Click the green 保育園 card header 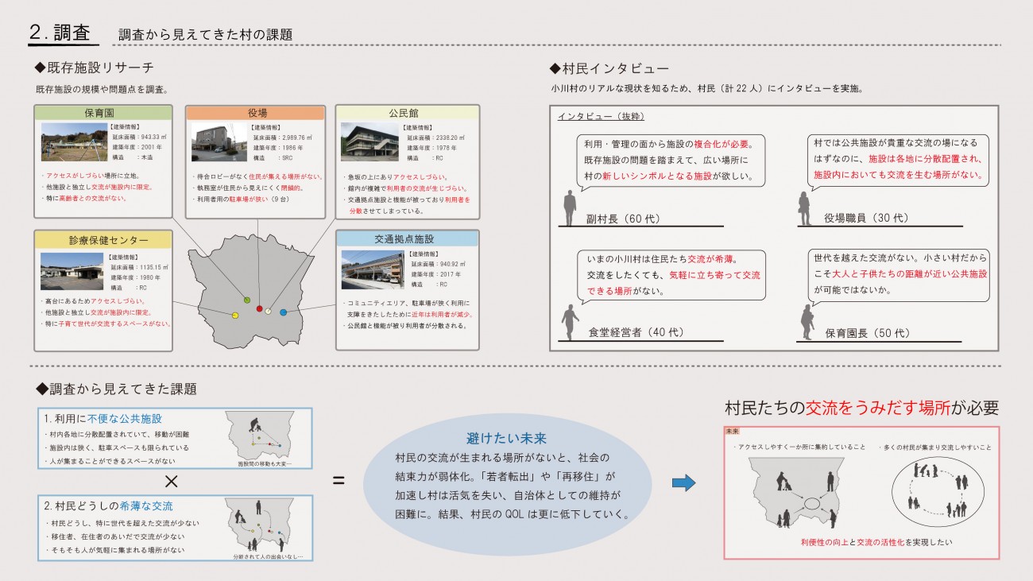point(103,113)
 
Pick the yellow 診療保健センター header point(103,238)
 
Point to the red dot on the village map point(259,308)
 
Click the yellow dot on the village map point(234,316)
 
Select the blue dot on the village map point(283,312)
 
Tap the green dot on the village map point(246,300)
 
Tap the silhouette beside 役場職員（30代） point(805,208)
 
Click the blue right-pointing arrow point(683,482)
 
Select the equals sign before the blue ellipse point(338,481)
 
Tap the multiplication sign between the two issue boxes point(169,480)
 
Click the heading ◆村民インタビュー point(609,69)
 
